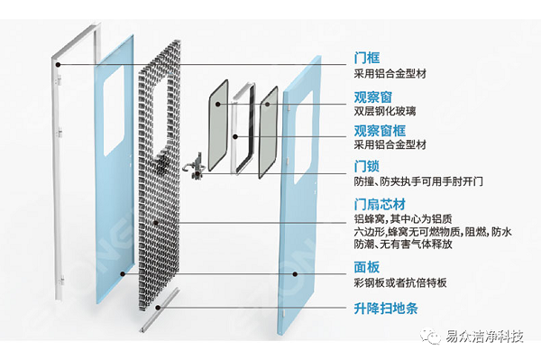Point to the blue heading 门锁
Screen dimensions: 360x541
(x=367, y=167)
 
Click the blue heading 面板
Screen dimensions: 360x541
(x=367, y=268)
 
